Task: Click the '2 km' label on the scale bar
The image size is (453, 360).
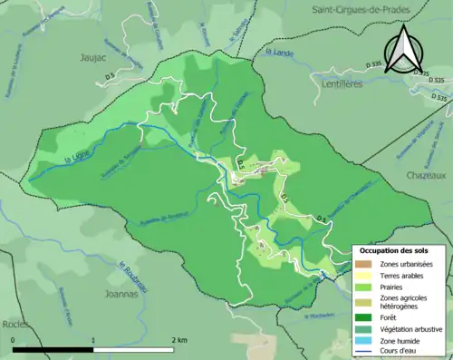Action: (x=180, y=339)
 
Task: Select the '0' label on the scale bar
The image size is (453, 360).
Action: (x=14, y=339)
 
